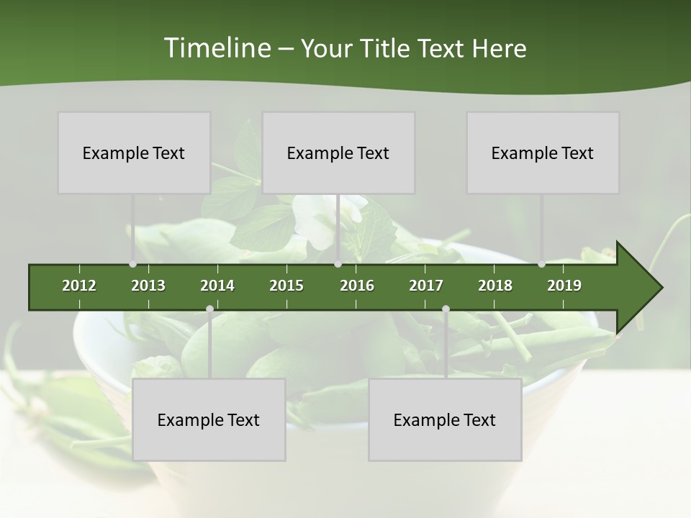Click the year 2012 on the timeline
(x=79, y=286)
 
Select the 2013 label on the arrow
(x=148, y=286)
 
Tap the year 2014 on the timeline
(x=217, y=286)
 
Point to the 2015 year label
(x=286, y=286)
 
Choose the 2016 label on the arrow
(x=357, y=286)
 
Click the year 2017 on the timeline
(x=426, y=286)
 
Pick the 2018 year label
(x=495, y=286)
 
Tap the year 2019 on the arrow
(x=564, y=286)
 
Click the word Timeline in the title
(x=216, y=48)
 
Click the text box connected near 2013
(x=134, y=153)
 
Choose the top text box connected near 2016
(x=338, y=153)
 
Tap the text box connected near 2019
(x=543, y=153)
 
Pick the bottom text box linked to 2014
(x=209, y=419)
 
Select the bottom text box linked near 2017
(x=445, y=419)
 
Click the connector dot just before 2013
(x=132, y=264)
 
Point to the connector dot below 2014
(x=209, y=309)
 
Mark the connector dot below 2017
(x=446, y=309)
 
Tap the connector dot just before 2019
(x=541, y=264)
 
